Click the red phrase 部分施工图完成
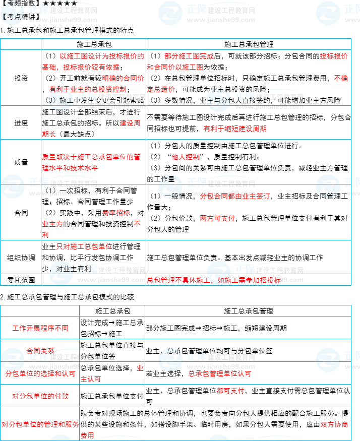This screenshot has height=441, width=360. tap(189, 56)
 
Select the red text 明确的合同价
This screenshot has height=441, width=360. tap(123, 78)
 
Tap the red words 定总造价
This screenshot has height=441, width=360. tap(161, 89)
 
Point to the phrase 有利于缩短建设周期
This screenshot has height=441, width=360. tap(235, 129)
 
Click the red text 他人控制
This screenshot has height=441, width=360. tap(186, 157)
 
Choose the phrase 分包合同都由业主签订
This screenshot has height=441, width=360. tap(235, 196)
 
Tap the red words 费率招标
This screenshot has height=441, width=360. tap(116, 213)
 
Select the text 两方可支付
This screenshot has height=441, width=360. tap(217, 218)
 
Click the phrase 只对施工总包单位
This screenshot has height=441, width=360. tap(84, 246)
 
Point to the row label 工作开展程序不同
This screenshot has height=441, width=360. tap(40, 328)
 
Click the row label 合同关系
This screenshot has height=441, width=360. tap(40, 350)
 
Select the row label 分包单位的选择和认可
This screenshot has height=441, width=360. tap(40, 373)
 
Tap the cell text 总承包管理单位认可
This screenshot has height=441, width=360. tap(220, 373)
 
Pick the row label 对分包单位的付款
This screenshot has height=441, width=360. tap(40, 396)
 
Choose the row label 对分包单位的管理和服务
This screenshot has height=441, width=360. tap(40, 424)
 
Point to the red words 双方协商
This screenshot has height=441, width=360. tap(334, 424)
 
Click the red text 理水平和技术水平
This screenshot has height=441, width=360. tap(70, 168)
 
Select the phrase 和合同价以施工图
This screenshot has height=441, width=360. tap(175, 67)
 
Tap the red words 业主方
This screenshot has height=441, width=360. tap(52, 224)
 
